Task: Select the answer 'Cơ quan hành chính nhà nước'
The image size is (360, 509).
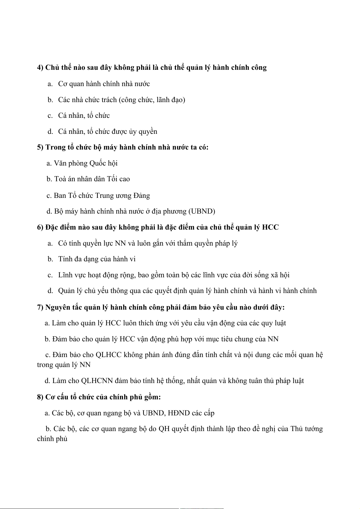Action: [x=104, y=84]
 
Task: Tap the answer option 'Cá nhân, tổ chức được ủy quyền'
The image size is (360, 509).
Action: [x=107, y=131]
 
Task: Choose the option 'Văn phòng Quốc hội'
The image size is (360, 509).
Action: [x=86, y=163]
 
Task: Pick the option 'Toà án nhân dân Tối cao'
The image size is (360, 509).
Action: [x=92, y=179]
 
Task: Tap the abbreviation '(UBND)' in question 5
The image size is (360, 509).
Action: [x=202, y=211]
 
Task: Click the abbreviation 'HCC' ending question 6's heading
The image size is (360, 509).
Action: [x=270, y=227]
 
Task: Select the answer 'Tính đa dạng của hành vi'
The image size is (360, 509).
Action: [x=97, y=259]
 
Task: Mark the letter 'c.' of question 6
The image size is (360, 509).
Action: [x=50, y=275]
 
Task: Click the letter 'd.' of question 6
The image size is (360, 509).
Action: [x=50, y=291]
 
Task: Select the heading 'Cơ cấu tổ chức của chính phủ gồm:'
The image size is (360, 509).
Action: [x=103, y=397]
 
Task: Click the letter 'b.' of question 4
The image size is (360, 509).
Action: [x=50, y=100]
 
